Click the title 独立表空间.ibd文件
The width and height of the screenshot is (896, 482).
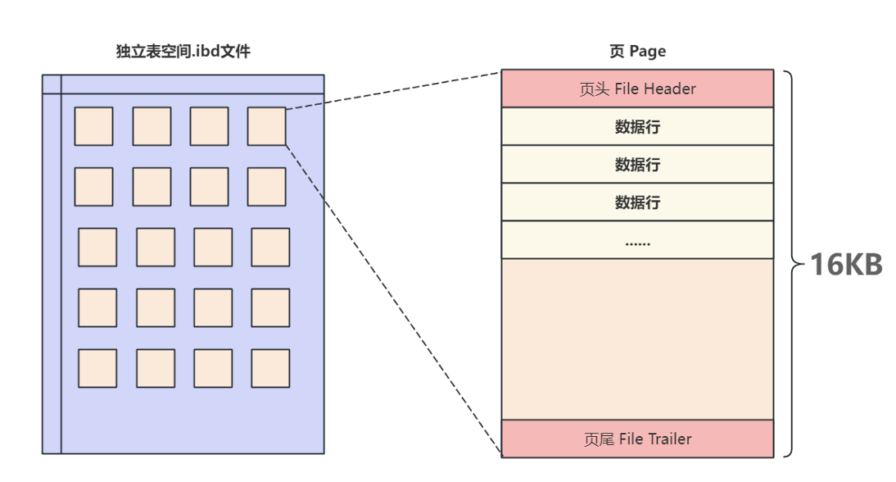click(x=183, y=52)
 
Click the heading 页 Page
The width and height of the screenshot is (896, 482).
click(x=637, y=52)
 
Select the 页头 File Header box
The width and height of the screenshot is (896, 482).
click(x=637, y=89)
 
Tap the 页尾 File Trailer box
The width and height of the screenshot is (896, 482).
click(x=637, y=439)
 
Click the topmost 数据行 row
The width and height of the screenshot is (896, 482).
click(x=637, y=126)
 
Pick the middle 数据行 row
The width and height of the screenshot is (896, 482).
click(x=637, y=164)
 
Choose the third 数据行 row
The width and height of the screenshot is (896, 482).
click(x=637, y=202)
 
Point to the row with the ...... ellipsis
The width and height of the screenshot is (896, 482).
click(x=637, y=240)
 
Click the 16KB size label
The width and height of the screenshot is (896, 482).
click(x=846, y=265)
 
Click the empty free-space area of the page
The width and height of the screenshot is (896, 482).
click(x=637, y=339)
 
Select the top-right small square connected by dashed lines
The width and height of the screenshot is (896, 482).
click(x=266, y=126)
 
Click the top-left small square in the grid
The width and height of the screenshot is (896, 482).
click(x=93, y=126)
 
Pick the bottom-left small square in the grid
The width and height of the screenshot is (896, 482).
click(x=97, y=368)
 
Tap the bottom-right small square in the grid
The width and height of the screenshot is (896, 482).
click(x=270, y=368)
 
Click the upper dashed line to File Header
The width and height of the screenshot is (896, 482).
click(x=393, y=90)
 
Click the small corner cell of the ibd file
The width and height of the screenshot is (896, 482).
click(x=52, y=84)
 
